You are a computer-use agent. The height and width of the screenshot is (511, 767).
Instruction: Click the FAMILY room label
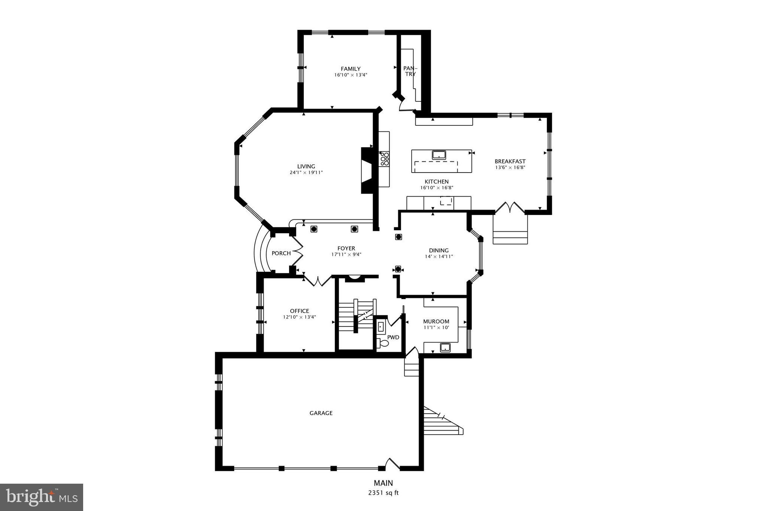coord(350,69)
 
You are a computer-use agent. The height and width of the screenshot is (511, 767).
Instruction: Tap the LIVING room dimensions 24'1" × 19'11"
coord(306,173)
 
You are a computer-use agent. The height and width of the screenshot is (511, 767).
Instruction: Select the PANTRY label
coord(410,71)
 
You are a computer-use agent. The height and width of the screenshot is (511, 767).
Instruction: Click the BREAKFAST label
coord(510,161)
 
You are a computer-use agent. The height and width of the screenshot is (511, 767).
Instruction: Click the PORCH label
coord(281,253)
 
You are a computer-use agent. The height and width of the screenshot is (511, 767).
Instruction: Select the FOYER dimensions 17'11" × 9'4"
coord(346,255)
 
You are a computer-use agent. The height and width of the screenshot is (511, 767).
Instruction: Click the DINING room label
coord(439,250)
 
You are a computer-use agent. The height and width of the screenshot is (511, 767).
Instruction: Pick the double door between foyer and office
coord(318,281)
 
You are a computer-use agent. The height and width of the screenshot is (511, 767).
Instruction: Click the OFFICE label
coord(299,311)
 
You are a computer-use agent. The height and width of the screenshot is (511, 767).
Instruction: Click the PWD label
coord(393,337)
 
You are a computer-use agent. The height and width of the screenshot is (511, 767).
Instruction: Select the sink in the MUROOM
coord(445,347)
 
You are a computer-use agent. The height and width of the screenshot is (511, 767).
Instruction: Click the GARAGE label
coord(321,413)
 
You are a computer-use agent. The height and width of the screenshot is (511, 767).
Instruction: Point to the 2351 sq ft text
coord(383,493)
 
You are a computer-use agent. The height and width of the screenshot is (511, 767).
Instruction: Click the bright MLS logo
coord(42,497)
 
